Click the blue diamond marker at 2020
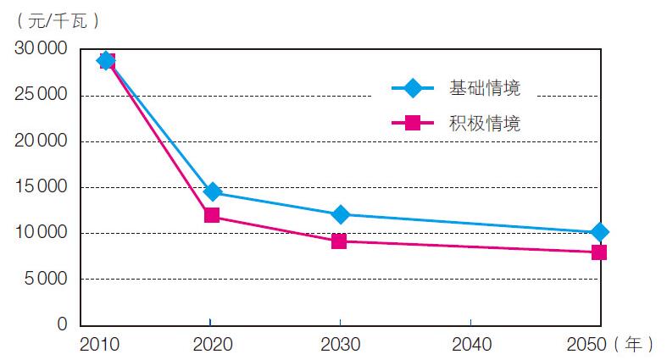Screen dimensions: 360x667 [212, 192]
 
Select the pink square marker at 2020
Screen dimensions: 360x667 [212, 215]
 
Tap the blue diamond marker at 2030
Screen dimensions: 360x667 [340, 214]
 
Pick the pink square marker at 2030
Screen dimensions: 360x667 [339, 241]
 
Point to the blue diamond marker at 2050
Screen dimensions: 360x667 [599, 232]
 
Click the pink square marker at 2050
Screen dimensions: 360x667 [599, 252]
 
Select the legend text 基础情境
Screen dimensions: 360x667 [485, 87]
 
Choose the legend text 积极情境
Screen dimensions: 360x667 [485, 123]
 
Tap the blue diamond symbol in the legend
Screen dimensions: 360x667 [413, 87]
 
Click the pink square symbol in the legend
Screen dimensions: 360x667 [413, 123]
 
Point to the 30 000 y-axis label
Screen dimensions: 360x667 [42, 49]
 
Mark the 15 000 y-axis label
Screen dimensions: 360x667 [42, 187]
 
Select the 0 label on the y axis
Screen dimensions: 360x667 [62, 324]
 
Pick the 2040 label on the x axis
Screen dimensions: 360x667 [470, 345]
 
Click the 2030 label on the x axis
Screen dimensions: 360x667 [340, 345]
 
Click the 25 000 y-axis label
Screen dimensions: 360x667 [42, 96]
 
